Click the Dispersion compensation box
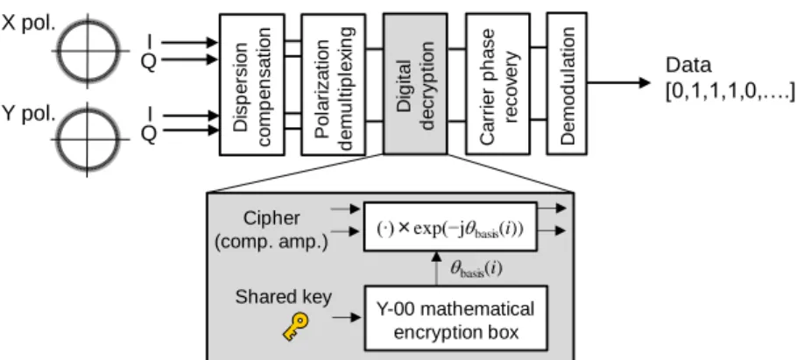(x=251, y=84)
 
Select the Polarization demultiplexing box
(x=334, y=84)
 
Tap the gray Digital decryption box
(x=415, y=84)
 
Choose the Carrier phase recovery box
(x=498, y=84)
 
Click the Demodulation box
(x=567, y=83)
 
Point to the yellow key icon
(x=295, y=327)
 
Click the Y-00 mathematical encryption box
(x=456, y=318)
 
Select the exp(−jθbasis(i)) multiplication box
(x=450, y=227)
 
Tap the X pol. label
(x=28, y=24)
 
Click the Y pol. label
(x=28, y=114)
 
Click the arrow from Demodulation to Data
(x=618, y=82)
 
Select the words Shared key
(x=283, y=297)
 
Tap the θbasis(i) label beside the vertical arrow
(x=476, y=269)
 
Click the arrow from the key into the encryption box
(x=347, y=317)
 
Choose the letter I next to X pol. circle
(x=150, y=41)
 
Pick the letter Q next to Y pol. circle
(x=148, y=134)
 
